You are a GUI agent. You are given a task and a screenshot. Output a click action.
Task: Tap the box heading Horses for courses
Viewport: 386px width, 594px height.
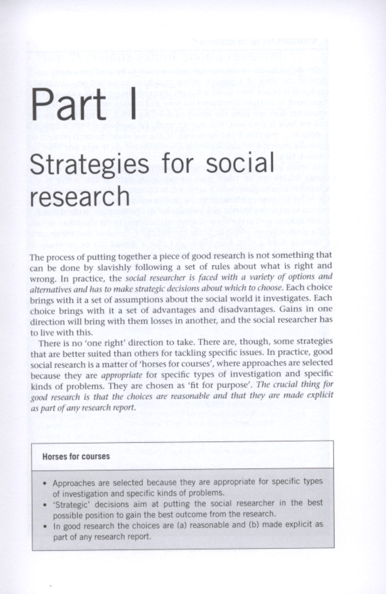tap(76, 456)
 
